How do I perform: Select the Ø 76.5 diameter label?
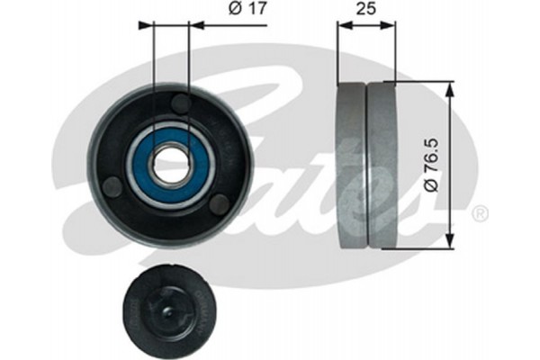[x=433, y=166]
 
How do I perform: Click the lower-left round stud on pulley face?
[x=112, y=188]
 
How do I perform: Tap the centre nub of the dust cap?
[x=172, y=311]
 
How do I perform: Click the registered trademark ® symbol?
[x=480, y=213]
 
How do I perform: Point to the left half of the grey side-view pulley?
[x=351, y=166]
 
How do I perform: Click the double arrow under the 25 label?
[x=366, y=25]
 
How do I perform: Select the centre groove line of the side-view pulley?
[x=366, y=166]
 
